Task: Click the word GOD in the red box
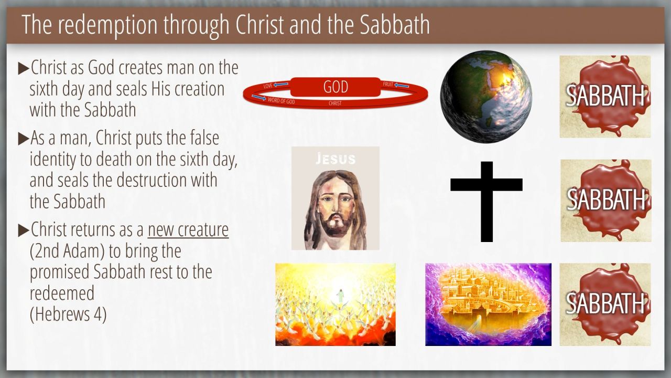(x=335, y=87)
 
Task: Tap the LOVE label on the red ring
(x=268, y=86)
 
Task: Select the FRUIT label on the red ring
(x=388, y=85)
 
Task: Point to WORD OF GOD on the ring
(x=282, y=101)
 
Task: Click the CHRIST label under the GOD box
(x=335, y=103)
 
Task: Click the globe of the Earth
(x=486, y=97)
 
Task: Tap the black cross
(x=486, y=202)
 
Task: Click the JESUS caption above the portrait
(x=335, y=159)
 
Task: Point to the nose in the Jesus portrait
(x=335, y=207)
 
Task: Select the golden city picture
(x=488, y=304)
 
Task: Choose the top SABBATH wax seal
(x=605, y=97)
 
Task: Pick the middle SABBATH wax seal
(x=606, y=201)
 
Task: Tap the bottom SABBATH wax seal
(x=605, y=304)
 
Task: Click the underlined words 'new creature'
(x=188, y=229)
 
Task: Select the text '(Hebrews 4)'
(x=68, y=314)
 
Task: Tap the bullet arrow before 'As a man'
(x=24, y=139)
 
